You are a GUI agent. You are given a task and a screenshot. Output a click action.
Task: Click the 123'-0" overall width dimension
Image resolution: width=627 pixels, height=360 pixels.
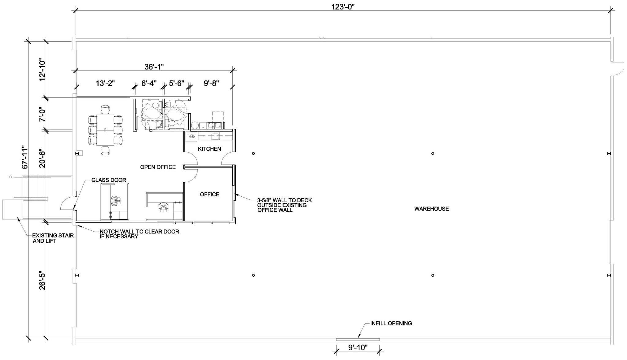[x=343, y=7]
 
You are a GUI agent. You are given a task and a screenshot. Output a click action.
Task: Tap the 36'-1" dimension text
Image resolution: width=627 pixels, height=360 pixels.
[x=154, y=66]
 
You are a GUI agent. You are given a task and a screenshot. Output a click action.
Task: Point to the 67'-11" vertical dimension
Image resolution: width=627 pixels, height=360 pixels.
[x=25, y=157]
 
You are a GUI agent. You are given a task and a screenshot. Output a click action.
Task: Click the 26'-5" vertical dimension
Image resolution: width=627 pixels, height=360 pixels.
[x=42, y=280]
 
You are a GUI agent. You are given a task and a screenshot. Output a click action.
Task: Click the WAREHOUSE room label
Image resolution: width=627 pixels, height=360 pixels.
[x=431, y=209]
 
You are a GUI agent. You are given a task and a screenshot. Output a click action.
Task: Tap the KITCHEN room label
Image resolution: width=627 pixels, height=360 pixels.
[x=209, y=149]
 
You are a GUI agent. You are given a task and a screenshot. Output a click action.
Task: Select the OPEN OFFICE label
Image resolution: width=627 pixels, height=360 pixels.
[x=158, y=167]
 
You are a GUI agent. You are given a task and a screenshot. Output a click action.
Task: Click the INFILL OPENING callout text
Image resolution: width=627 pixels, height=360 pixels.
[x=391, y=323]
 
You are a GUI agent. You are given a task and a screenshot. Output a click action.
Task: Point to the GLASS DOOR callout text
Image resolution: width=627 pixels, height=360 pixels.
[x=109, y=180]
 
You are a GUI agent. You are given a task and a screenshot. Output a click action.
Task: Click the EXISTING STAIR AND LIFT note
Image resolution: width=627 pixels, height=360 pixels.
[x=53, y=238]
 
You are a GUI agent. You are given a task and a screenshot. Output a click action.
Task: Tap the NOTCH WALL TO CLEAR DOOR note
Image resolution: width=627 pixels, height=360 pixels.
[x=139, y=234]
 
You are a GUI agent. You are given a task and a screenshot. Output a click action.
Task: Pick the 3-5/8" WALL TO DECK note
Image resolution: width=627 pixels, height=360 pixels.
[x=284, y=205]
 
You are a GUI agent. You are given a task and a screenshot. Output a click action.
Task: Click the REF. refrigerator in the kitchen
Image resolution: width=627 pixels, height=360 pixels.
[x=192, y=136]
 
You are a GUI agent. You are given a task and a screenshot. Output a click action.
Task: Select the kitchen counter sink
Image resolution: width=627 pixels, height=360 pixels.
[x=215, y=136]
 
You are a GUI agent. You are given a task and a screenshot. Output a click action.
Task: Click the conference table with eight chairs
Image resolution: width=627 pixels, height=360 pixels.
[x=105, y=130]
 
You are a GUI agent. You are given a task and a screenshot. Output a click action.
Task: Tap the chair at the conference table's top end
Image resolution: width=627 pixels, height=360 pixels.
[x=105, y=109]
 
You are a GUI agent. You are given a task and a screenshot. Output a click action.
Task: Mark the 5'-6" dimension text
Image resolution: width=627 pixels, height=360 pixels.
[x=177, y=83]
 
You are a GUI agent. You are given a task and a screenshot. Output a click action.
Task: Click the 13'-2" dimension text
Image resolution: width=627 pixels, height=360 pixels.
[x=105, y=83]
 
